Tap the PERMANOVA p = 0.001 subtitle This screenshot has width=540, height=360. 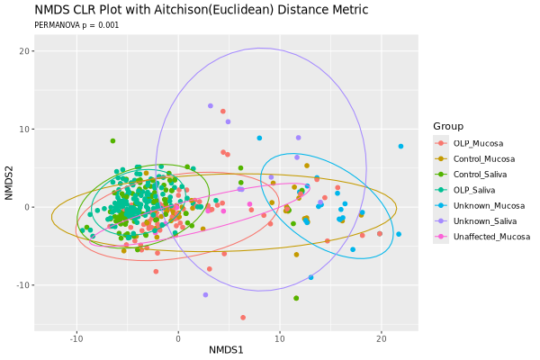[76, 25]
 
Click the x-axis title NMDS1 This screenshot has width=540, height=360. [226, 348]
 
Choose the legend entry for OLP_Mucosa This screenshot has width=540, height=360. [478, 143]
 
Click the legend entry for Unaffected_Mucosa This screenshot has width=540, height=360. [491, 236]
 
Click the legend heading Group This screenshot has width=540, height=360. [447, 126]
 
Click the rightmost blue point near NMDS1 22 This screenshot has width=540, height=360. [400, 146]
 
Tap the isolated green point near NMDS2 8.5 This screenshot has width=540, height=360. [112, 140]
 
